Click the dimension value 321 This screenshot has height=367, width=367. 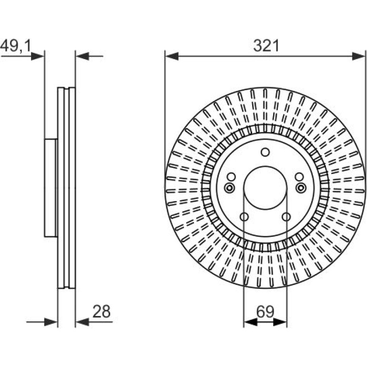coord(266,46)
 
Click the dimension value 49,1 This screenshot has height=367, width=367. coord(16,46)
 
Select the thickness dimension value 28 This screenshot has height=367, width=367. coord(102,311)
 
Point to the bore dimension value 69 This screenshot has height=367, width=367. coord(265,312)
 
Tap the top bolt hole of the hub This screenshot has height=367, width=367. coord(265,152)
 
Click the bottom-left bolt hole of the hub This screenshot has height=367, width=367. coord(244,217)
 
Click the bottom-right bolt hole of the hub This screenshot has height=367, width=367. coord(286,217)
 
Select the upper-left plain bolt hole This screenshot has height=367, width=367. coord(231,177)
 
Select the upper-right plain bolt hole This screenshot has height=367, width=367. coord(299,177)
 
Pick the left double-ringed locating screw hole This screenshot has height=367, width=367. coord(229,187)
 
